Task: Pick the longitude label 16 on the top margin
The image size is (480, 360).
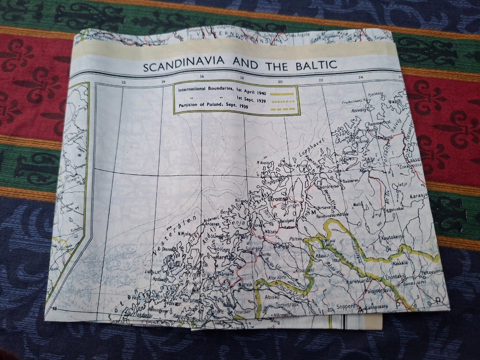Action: click(x=201, y=78)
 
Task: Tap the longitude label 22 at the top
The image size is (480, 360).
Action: click(x=321, y=80)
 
